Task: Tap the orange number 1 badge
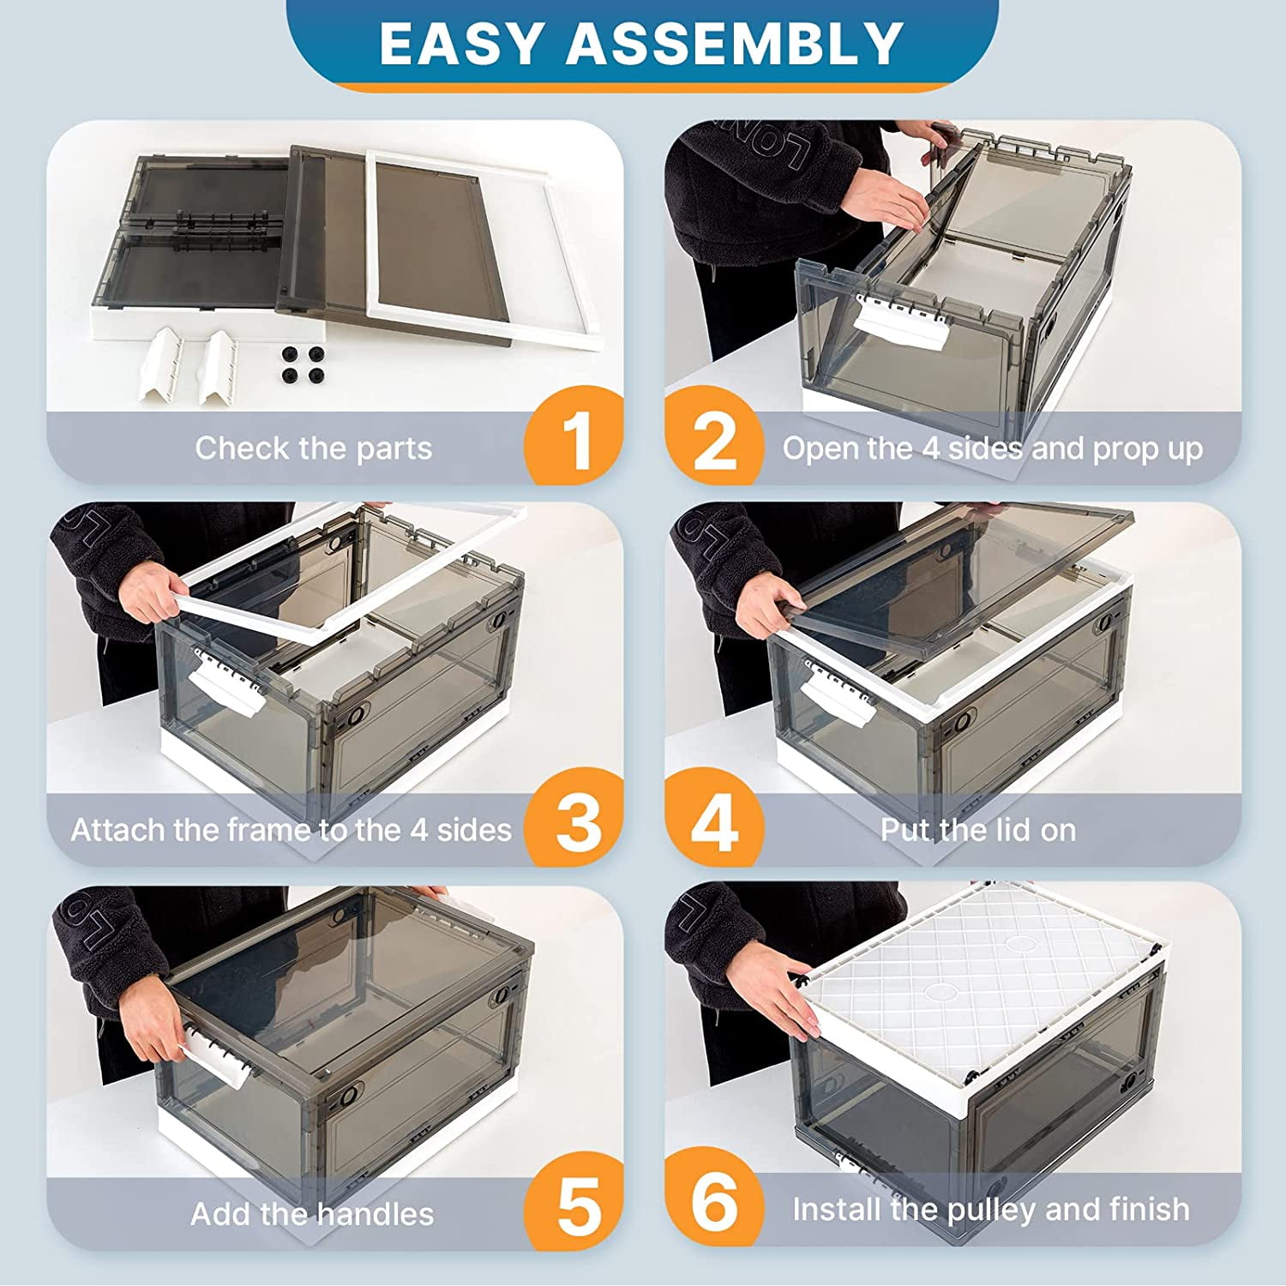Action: click(574, 436)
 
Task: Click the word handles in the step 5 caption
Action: click(375, 1214)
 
